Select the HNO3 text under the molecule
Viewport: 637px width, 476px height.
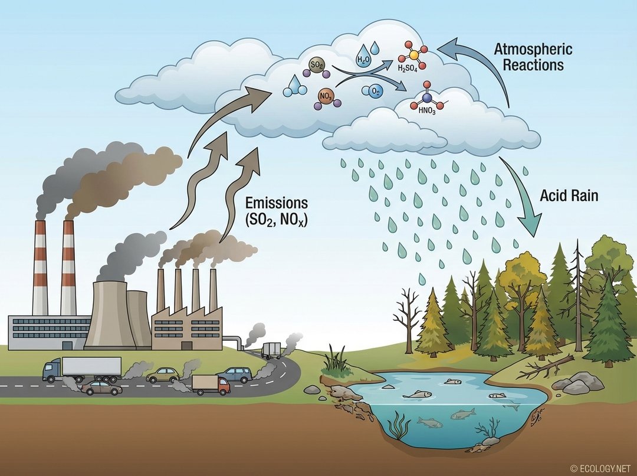point(425,110)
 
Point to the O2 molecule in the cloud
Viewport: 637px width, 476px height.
point(375,91)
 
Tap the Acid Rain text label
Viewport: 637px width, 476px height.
point(569,195)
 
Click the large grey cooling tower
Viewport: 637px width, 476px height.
point(111,313)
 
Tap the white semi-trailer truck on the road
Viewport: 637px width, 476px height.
point(83,369)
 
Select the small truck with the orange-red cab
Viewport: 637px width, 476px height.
point(211,384)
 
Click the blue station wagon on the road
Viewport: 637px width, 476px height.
point(234,374)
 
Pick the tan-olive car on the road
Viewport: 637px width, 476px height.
point(163,374)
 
